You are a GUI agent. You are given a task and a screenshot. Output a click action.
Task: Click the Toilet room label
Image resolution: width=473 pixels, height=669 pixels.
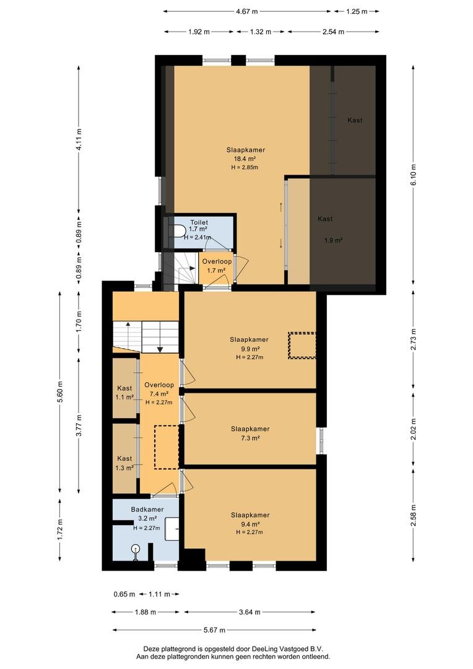coord(199,222)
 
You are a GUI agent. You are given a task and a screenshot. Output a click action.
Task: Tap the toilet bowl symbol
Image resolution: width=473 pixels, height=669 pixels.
coord(178,232)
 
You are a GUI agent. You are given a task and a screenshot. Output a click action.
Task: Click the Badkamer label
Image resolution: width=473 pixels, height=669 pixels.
coord(147,509)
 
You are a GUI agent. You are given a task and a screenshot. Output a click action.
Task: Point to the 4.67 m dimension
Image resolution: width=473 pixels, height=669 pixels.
coord(247,12)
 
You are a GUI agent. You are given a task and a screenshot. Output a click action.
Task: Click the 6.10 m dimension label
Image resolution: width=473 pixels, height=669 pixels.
coord(414,175)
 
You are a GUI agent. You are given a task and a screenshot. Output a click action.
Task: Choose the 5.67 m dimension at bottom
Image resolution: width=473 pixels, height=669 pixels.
coord(214,630)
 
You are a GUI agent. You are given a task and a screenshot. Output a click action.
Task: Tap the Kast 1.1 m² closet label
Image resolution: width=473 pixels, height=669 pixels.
coord(124,393)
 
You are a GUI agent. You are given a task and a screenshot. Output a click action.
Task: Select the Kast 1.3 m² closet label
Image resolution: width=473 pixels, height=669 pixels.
coord(124,463)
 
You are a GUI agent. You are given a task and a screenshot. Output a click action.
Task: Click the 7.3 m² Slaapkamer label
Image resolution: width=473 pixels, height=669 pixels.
coord(250,434)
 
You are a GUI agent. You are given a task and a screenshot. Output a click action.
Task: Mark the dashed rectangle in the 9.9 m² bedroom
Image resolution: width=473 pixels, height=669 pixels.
coord(302,346)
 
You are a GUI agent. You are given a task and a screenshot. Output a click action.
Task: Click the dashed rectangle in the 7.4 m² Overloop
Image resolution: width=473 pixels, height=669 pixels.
coord(167,447)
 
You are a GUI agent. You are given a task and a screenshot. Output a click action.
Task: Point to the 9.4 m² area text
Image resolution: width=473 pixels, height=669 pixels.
coord(250,525)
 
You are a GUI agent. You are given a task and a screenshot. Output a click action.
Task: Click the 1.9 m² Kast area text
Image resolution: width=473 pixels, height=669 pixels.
coord(333,240)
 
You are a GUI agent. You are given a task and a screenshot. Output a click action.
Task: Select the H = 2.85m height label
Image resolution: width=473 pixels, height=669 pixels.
coord(245,167)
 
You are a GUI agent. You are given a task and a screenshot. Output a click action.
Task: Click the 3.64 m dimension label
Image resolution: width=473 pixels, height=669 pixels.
coord(250,612)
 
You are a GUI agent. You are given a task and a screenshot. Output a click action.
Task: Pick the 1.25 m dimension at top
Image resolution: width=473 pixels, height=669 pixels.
coord(357,12)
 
